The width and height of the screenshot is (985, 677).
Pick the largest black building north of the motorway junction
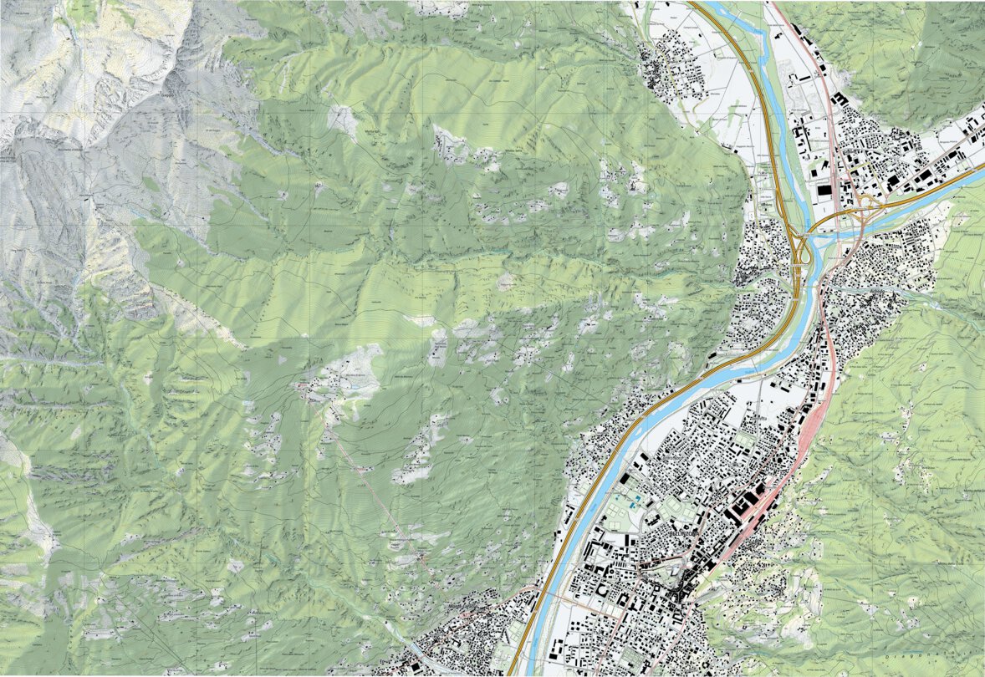(824, 191)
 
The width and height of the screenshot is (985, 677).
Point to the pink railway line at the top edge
(773, 7)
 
